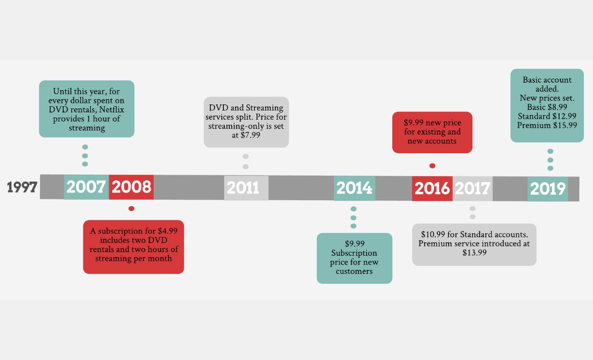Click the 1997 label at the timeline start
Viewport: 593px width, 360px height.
22,187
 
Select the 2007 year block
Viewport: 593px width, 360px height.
86,187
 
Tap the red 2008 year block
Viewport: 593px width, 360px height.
131,187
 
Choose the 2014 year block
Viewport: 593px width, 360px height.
354,188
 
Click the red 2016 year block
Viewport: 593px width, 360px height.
432,188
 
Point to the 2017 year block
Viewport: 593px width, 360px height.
472,188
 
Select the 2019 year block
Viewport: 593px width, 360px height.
548,189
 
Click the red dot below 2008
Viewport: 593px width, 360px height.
131,208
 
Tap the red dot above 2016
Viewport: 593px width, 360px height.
432,166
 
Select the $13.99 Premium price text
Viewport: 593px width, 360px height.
474,252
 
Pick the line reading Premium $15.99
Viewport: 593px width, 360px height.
547,125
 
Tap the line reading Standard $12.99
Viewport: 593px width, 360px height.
547,116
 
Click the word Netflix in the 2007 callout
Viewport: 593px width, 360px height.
106,110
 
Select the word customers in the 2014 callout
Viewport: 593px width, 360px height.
354,271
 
